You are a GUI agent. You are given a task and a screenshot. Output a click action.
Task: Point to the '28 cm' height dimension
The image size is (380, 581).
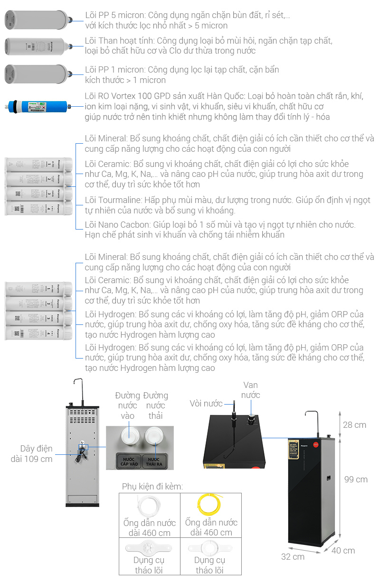click(354, 424)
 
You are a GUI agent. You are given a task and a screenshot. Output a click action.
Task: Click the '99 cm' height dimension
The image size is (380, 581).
click(355, 480)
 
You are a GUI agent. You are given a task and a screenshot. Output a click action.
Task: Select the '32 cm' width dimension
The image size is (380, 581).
click(293, 556)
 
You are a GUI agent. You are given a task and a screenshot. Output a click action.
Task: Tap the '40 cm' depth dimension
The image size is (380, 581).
click(343, 550)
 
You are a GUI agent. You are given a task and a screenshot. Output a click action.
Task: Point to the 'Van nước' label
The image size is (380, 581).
click(250, 389)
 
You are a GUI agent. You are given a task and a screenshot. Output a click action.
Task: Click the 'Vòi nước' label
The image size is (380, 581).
click(206, 404)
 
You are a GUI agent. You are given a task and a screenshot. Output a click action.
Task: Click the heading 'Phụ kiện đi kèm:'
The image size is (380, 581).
click(152, 487)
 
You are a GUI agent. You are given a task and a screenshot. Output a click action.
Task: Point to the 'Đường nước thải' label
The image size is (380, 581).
click(155, 406)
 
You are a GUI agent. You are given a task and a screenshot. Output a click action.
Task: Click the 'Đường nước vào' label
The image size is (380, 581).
click(127, 406)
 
